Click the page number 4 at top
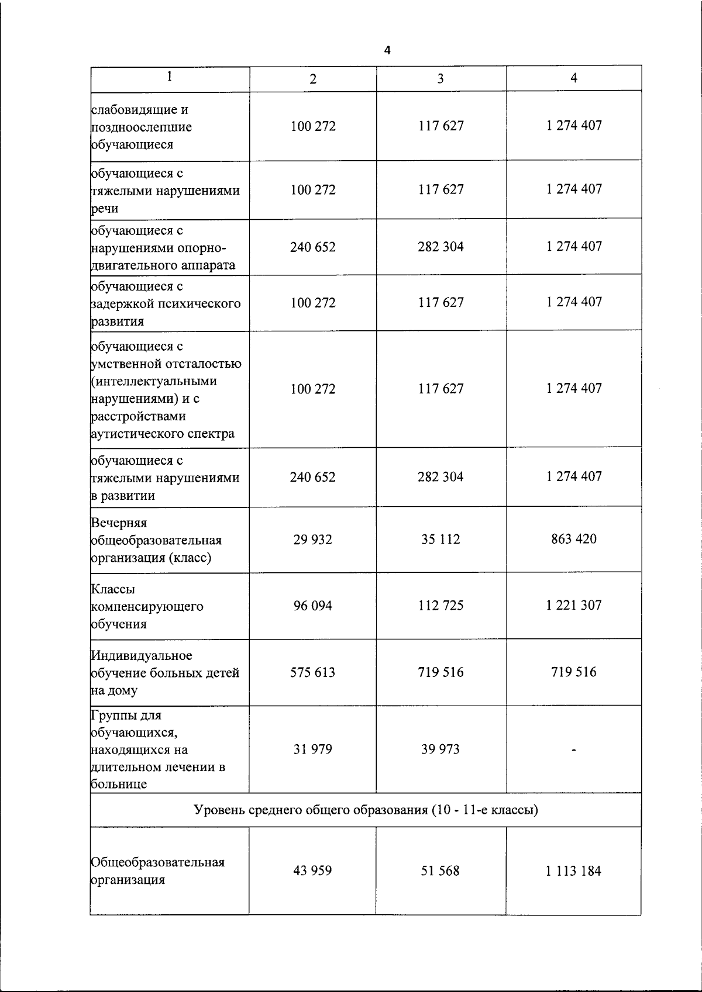(387, 51)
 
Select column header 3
(441, 79)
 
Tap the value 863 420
(573, 538)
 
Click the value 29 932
(312, 539)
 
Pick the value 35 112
(441, 539)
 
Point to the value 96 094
(312, 606)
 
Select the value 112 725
(441, 606)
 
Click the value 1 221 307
(573, 605)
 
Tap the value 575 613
(312, 672)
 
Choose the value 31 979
(312, 749)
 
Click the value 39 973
(441, 749)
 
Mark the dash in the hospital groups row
(573, 750)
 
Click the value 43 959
(312, 870)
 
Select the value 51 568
(441, 870)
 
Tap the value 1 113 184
(573, 870)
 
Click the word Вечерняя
(119, 523)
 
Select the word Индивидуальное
(142, 655)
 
